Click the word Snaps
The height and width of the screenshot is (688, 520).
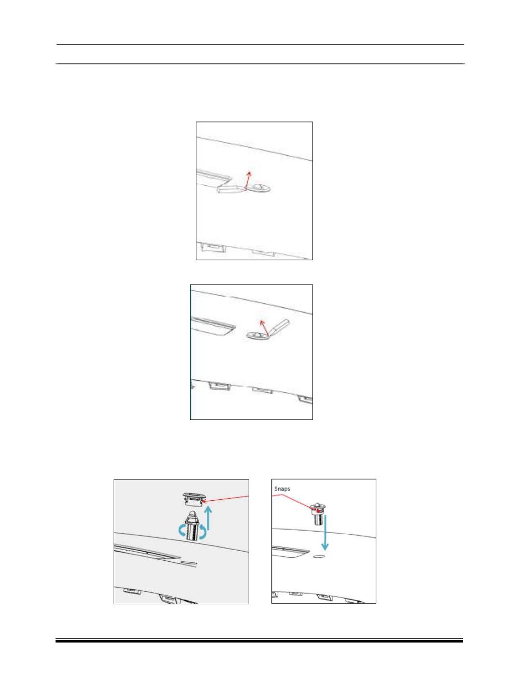pyautogui.click(x=282, y=489)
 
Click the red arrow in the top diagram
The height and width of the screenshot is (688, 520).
pyautogui.click(x=247, y=180)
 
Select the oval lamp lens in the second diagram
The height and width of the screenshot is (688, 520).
pyautogui.click(x=258, y=336)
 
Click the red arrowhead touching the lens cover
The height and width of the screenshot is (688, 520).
pyautogui.click(x=205, y=501)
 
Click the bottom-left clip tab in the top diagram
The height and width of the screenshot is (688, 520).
pyautogui.click(x=213, y=248)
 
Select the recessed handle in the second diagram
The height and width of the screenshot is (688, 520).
pyautogui.click(x=213, y=326)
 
